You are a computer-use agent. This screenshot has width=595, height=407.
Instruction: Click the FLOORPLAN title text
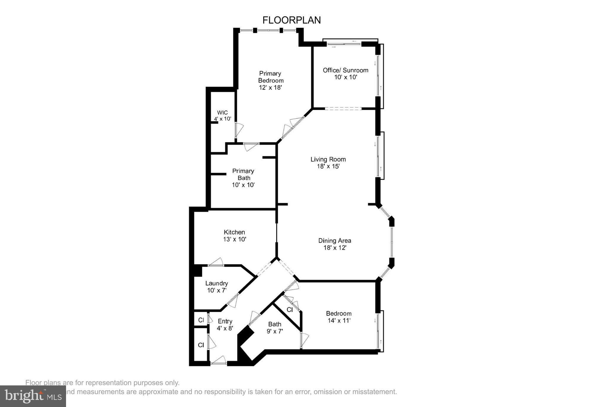click(x=291, y=20)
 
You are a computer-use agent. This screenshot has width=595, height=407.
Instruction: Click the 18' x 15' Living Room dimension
click(x=328, y=166)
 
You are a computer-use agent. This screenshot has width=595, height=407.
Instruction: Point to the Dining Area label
click(x=335, y=240)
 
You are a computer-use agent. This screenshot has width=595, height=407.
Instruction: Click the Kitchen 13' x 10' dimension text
click(x=235, y=239)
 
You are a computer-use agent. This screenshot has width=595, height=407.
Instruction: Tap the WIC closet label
click(x=222, y=113)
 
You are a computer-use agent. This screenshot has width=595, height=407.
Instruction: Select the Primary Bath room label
click(x=243, y=175)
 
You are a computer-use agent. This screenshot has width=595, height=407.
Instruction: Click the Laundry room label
click(x=216, y=283)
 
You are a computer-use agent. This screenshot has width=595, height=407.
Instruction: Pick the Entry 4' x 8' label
click(x=225, y=324)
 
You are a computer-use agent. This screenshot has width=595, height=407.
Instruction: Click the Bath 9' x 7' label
click(x=275, y=328)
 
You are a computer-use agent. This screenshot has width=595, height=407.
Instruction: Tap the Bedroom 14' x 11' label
click(x=339, y=317)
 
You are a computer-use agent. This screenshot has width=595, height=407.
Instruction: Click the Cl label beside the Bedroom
click(x=290, y=310)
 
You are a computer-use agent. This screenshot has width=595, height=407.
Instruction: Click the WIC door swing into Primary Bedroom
click(x=238, y=130)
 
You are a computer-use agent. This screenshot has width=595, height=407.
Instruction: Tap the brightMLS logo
click(x=33, y=396)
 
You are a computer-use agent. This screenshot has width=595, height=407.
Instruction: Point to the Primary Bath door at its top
click(x=251, y=146)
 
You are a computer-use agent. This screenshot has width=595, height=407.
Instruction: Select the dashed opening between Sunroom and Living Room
click(x=343, y=109)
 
